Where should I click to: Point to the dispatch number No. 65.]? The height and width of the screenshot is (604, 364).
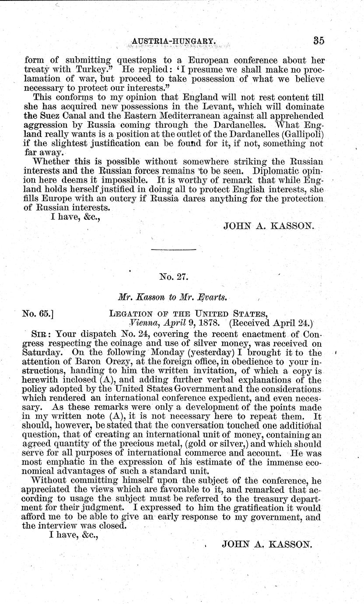38,313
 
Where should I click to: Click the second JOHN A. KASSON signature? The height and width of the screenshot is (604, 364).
267,544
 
